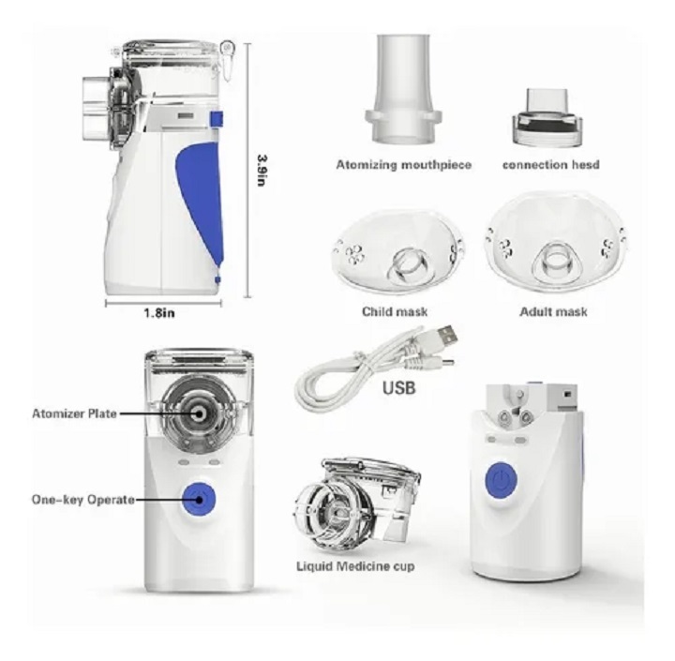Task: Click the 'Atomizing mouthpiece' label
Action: pos(403,165)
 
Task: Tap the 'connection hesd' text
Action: pos(550,165)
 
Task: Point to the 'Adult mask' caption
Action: pos(553,311)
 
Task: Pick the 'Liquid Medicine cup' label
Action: pos(356,566)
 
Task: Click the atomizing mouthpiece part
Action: pos(403,89)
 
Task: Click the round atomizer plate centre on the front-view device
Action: pos(198,413)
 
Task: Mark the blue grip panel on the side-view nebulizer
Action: pos(202,202)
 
